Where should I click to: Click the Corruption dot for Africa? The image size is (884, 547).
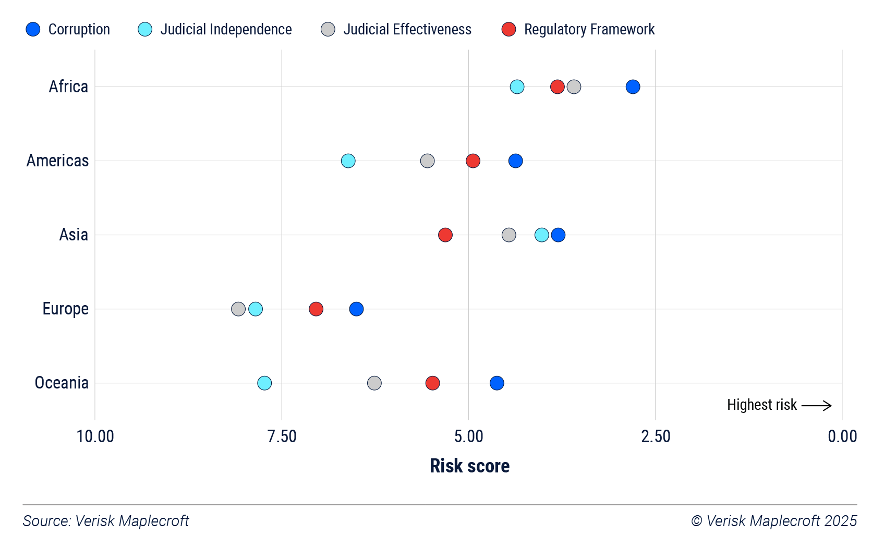coord(633,87)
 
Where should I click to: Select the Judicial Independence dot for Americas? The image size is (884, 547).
coord(348,161)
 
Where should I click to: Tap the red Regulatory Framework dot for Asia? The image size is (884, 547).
coord(445,235)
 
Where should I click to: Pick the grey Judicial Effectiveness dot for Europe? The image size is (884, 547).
coord(238,309)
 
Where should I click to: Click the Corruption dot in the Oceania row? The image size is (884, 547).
coord(497,383)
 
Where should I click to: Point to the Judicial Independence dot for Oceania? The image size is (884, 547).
coord(264,383)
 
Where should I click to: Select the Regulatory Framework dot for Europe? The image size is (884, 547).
coord(316,309)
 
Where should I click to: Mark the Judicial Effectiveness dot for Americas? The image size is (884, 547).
coord(427,161)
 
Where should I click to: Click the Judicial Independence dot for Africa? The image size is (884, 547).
coord(517,87)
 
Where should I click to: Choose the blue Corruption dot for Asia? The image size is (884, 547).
coord(558,235)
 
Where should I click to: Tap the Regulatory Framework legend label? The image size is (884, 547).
coord(589,29)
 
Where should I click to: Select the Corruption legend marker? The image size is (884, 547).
coord(33,29)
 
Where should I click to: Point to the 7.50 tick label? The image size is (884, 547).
coord(282,436)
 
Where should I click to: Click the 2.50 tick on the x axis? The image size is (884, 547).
coord(656,436)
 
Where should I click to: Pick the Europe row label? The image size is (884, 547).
coord(65,309)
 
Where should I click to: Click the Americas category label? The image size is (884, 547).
coord(57,161)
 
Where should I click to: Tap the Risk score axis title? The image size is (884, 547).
coord(469,466)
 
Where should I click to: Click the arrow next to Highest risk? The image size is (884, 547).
coord(816,405)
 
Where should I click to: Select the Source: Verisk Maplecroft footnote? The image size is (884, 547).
coord(106,521)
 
